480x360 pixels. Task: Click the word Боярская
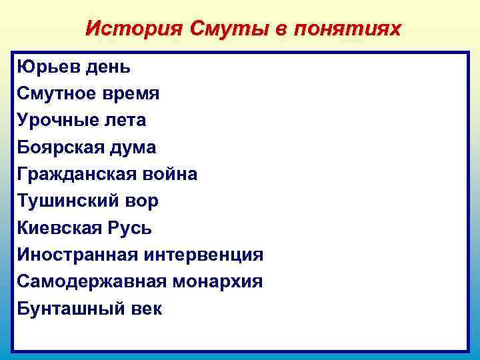coord(59,147)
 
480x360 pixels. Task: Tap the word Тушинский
coord(66,201)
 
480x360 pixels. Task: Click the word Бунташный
coord(67,309)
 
